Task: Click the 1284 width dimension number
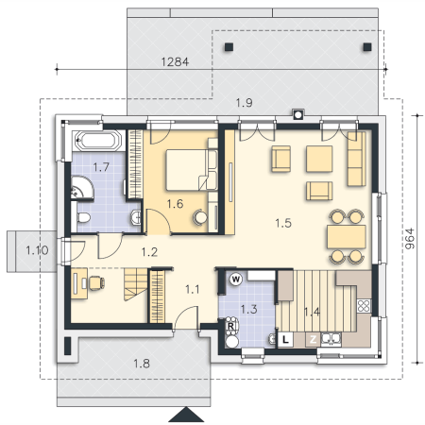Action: coord(175,61)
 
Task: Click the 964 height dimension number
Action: coord(410,238)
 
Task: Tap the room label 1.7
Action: coord(101,167)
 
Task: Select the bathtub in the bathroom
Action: coord(98,141)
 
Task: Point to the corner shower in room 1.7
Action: coord(81,188)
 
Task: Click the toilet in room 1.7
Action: coord(83,217)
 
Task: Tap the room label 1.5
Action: coord(283,223)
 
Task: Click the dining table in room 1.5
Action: coord(347,237)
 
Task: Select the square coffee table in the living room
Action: coord(319,159)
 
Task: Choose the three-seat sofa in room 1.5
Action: coord(357,159)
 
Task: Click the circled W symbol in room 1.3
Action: coord(236,280)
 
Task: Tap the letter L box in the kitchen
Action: coord(285,340)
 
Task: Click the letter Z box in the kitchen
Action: coord(313,339)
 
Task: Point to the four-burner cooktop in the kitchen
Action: coord(364,306)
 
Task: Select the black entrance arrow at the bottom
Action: coord(186,414)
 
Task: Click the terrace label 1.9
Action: coord(244,103)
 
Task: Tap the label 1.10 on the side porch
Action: coord(37,250)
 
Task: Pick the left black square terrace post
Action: coord(229,47)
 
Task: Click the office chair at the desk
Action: coord(96,282)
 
